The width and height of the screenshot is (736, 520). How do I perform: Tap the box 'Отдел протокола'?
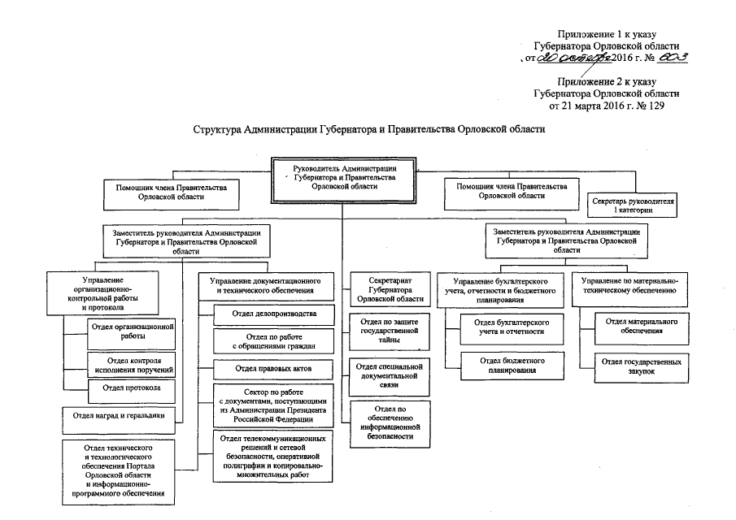131,389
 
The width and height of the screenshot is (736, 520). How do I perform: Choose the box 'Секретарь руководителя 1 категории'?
634,205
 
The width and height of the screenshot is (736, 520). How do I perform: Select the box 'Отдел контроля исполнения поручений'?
131,364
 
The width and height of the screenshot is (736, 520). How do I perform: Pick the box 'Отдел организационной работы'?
131,331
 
